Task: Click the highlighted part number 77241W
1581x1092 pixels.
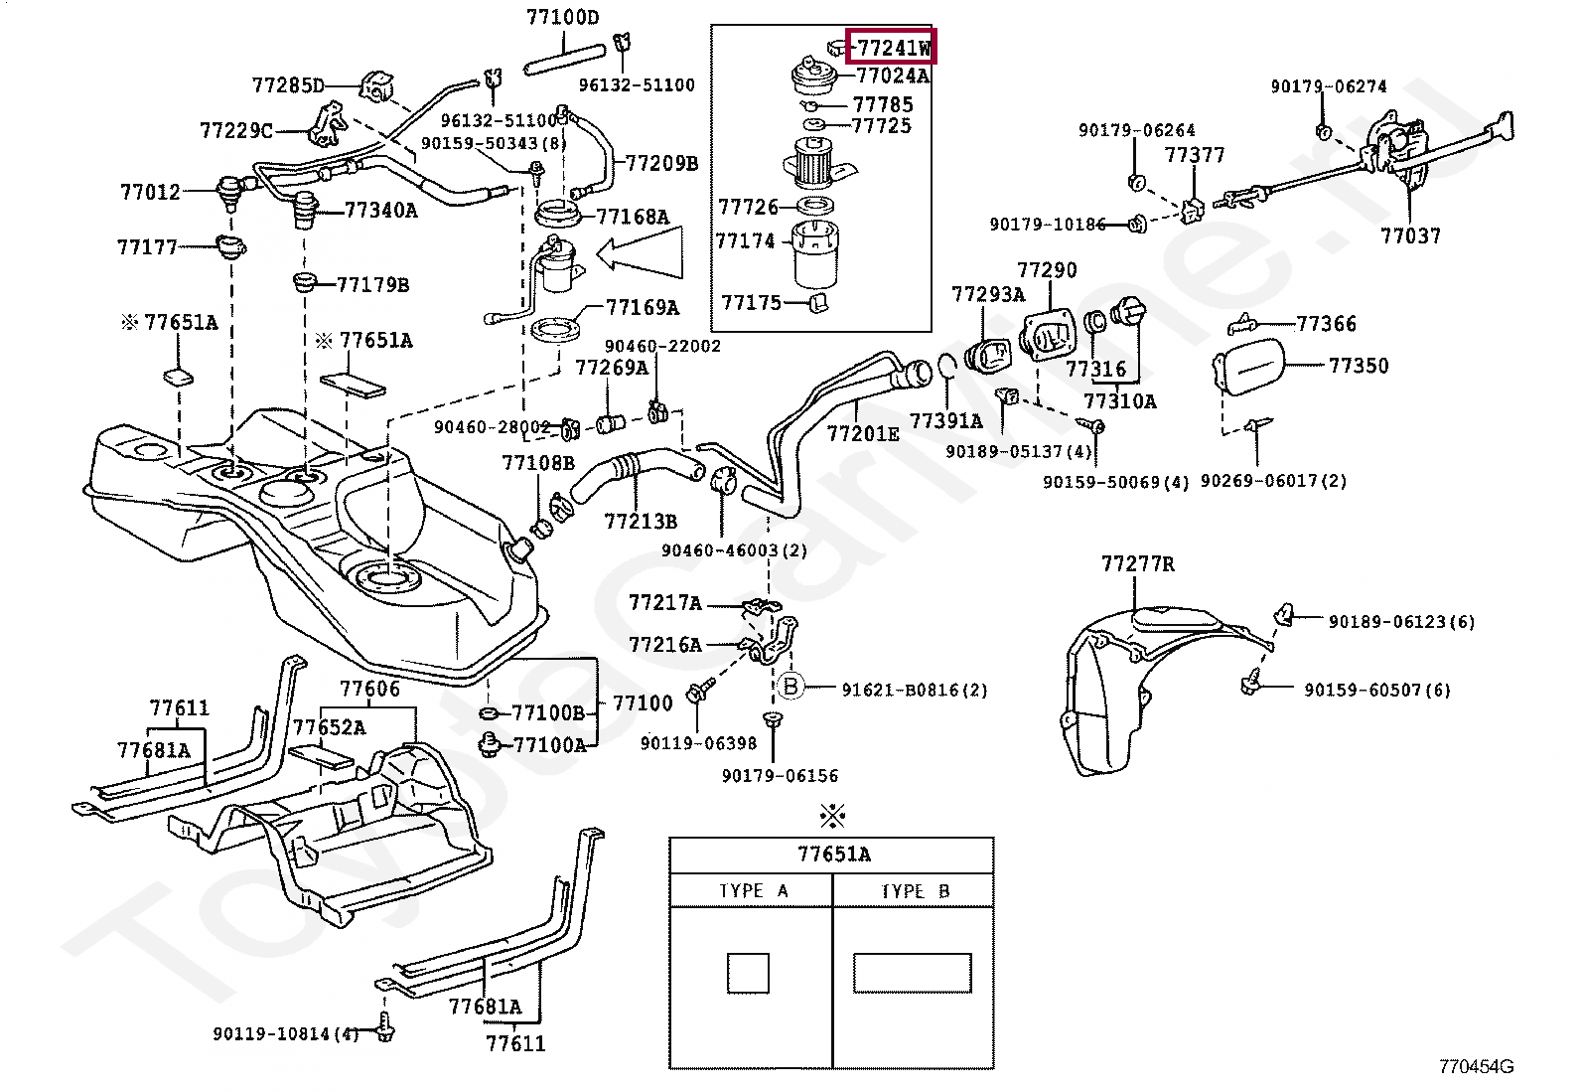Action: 891,47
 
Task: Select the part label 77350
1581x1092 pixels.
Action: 1358,366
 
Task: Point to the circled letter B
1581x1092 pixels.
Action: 790,687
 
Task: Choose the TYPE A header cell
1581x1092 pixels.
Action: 752,891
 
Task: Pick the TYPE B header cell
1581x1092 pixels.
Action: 914,891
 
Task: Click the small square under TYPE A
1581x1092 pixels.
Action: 748,973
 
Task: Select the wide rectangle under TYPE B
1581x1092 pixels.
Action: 912,973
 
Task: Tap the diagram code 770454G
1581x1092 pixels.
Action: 1476,1067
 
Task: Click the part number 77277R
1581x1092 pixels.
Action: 1137,564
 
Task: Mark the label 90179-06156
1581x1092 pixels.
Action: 780,776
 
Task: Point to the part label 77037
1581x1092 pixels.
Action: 1410,235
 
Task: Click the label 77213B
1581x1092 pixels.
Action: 641,521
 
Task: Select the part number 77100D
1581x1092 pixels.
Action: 562,17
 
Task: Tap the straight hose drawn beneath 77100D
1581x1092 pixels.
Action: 562,58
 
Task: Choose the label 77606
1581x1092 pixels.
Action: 369,689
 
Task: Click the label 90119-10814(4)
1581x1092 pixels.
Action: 285,1034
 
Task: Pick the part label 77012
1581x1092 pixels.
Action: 150,192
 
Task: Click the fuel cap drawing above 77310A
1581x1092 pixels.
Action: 1129,316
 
